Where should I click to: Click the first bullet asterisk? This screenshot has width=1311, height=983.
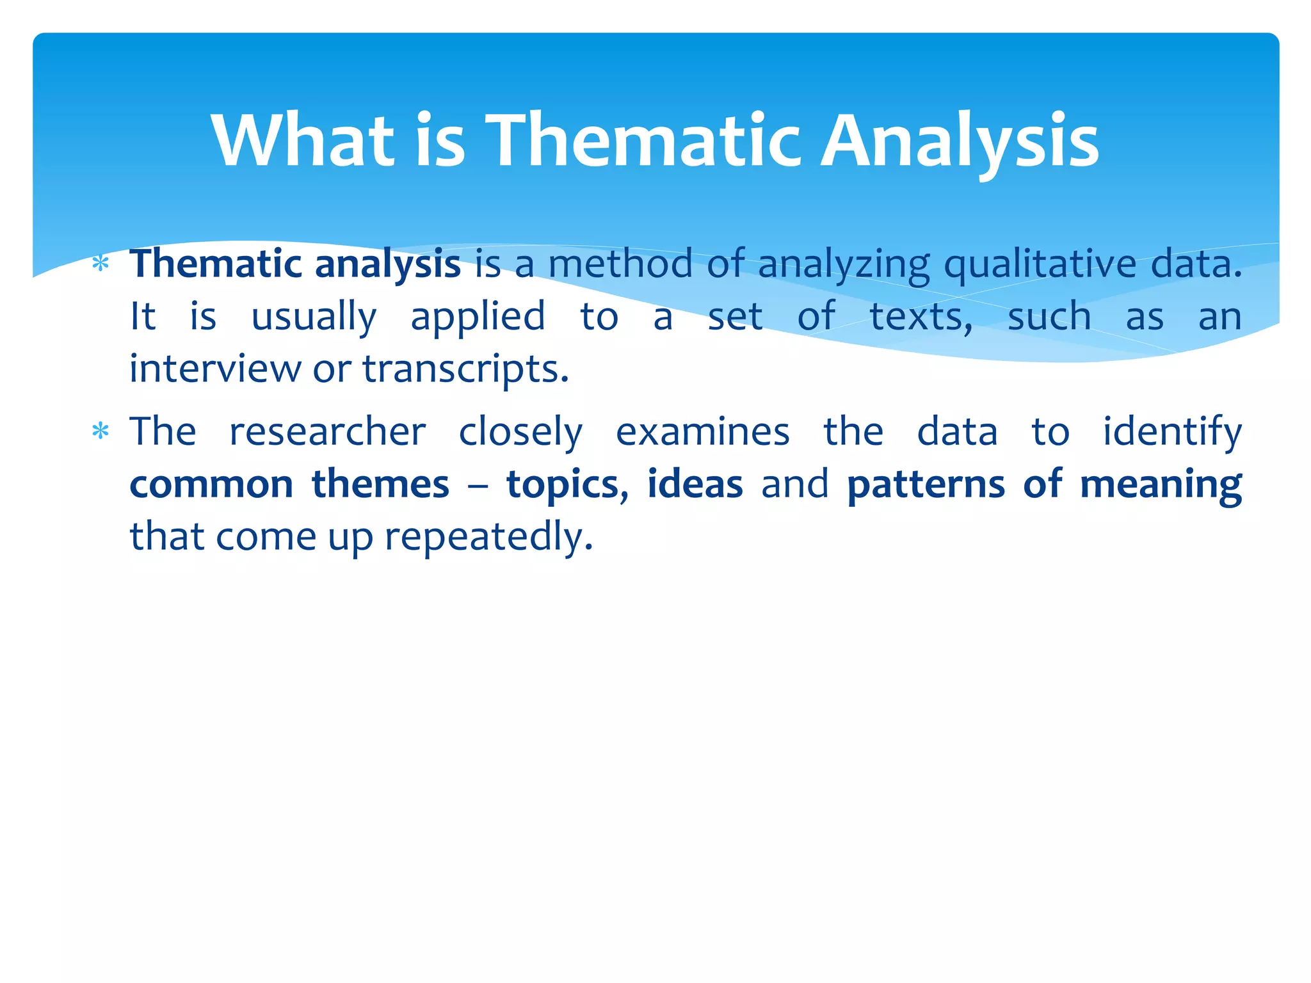coord(100,264)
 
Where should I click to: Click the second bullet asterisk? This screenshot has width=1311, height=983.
coord(100,431)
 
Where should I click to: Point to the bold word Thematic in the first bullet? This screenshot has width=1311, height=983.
coord(216,264)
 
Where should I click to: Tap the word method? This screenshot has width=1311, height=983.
coord(620,264)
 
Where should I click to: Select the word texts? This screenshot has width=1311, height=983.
coord(921,316)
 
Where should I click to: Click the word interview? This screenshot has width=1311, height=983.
coord(214,369)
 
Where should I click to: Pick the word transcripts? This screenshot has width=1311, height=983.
coord(465,370)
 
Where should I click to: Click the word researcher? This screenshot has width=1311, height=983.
coord(327,431)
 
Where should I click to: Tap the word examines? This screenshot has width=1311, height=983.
coord(702,431)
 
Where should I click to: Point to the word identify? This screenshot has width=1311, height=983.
coord(1171,433)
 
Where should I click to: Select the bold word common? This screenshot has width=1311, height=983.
coord(211,484)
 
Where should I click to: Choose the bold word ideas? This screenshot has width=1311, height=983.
coord(695,484)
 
